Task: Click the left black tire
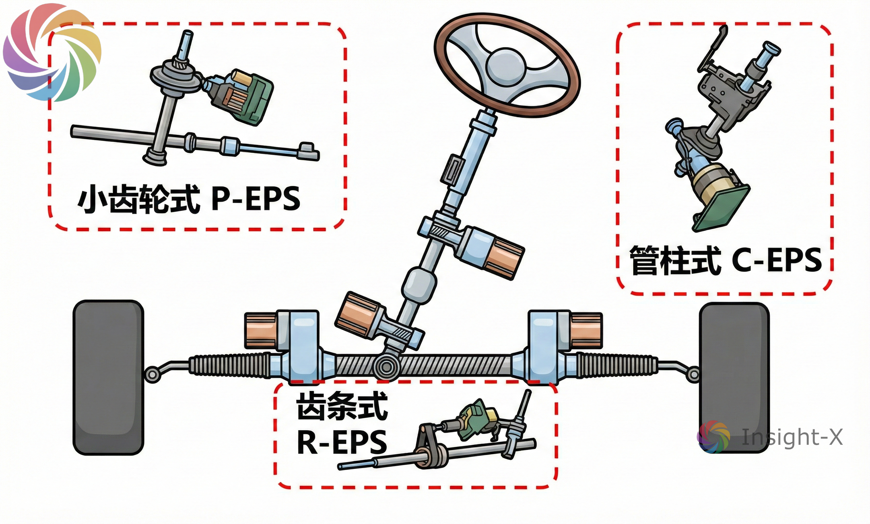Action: point(108,378)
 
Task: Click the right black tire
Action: point(734,378)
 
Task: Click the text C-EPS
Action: point(776,260)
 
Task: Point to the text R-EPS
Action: point(342,442)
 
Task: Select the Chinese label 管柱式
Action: point(675,260)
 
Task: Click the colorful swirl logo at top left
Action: point(52,52)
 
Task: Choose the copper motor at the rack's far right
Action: point(586,330)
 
